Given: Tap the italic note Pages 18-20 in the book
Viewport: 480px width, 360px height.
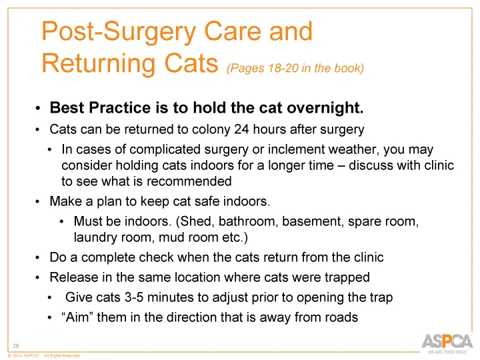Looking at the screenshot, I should pos(295,68).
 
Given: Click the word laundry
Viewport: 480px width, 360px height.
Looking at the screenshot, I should pos(95,237).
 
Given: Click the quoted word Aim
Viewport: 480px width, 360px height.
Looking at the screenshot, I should pos(77,318).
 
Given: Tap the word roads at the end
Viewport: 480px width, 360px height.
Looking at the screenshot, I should pos(341,318).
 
